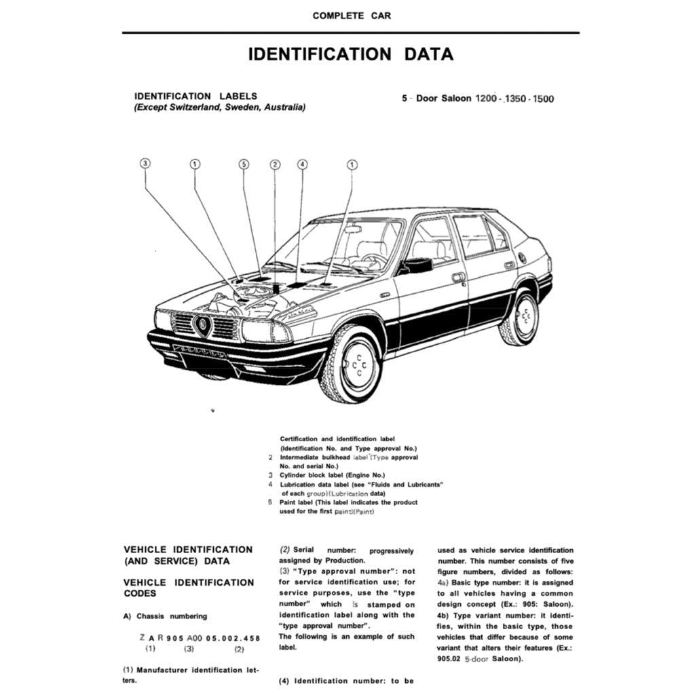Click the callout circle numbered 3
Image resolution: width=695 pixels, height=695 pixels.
145,164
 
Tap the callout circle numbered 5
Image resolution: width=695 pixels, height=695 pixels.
244,164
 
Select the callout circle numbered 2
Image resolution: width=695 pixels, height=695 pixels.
275,164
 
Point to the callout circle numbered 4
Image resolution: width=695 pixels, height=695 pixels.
302,164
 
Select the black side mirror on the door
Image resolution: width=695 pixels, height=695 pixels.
416,265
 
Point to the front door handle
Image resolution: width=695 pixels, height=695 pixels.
459,277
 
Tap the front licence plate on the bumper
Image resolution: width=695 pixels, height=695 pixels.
200,352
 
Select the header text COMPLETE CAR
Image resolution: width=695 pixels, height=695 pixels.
352,15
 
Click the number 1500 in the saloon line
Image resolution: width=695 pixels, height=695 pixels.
543,99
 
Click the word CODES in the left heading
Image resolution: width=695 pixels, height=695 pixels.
140,593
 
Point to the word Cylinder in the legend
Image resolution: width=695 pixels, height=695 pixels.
295,475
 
